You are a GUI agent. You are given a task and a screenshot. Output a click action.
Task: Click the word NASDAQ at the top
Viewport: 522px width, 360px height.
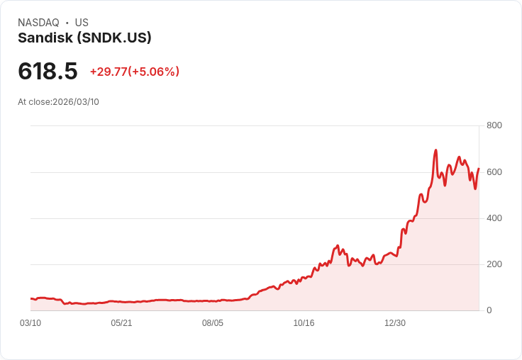38,23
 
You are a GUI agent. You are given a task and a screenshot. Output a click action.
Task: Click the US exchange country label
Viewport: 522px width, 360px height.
82,23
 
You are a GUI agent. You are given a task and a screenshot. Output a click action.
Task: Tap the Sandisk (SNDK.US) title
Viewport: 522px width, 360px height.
84,38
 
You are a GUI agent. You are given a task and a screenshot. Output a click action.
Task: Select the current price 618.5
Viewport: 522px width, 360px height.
48,71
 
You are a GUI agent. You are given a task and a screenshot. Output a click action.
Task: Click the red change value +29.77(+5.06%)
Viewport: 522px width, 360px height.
134,72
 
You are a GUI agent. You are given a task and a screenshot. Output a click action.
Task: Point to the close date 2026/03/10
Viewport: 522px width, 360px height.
76,102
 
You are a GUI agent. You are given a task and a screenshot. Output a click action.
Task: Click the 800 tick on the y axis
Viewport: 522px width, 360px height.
494,125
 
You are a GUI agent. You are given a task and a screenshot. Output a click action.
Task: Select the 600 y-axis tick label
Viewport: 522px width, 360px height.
494,171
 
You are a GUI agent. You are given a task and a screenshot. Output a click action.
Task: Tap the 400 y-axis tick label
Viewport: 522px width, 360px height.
494,218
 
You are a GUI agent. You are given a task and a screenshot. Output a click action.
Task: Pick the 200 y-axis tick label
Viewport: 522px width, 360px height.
494,264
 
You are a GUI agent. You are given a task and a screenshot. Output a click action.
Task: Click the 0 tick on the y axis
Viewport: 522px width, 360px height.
489,310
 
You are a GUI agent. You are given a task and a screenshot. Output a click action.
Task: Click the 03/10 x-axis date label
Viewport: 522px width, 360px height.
30,323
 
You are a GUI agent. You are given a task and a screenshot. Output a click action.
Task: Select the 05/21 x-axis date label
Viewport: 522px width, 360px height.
121,323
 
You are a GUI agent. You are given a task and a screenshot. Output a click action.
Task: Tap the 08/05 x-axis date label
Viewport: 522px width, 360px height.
213,323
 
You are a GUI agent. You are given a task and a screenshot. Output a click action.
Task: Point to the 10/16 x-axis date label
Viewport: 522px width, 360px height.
304,323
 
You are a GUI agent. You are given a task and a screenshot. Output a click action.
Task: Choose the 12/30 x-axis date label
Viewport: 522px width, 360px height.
395,323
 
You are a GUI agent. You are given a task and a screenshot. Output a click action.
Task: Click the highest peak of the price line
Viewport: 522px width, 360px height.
435,150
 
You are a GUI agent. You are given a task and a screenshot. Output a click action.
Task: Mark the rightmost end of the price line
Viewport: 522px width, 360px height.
479,169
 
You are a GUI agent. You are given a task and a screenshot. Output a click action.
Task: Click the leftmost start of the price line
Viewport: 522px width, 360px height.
31,298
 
